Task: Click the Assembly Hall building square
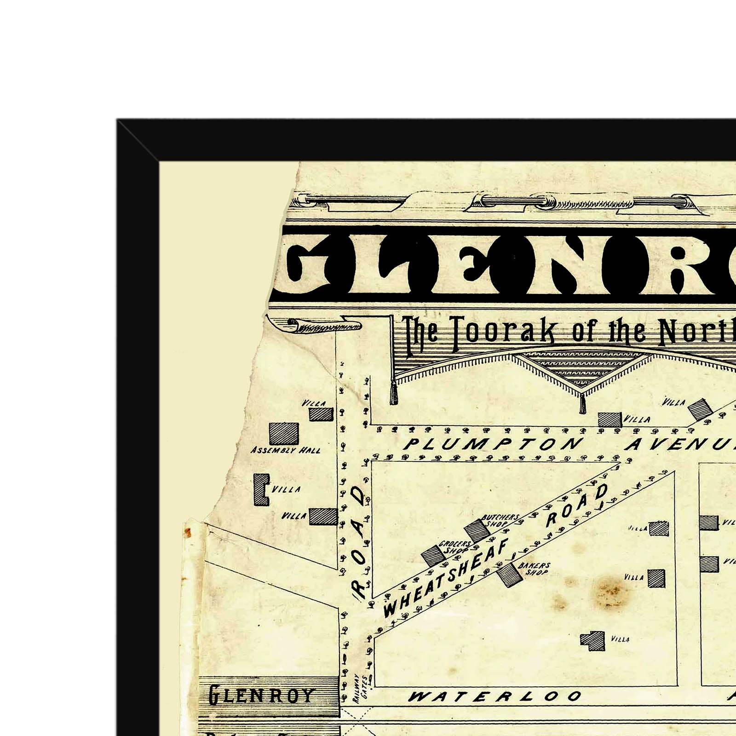284,433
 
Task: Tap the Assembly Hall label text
286,450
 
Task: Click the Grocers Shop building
432,555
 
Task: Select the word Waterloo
494,696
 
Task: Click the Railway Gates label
360,688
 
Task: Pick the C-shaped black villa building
261,490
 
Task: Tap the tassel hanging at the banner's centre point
582,405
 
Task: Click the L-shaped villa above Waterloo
594,640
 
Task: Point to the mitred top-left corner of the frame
138,140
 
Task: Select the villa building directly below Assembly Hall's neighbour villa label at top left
321,414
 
